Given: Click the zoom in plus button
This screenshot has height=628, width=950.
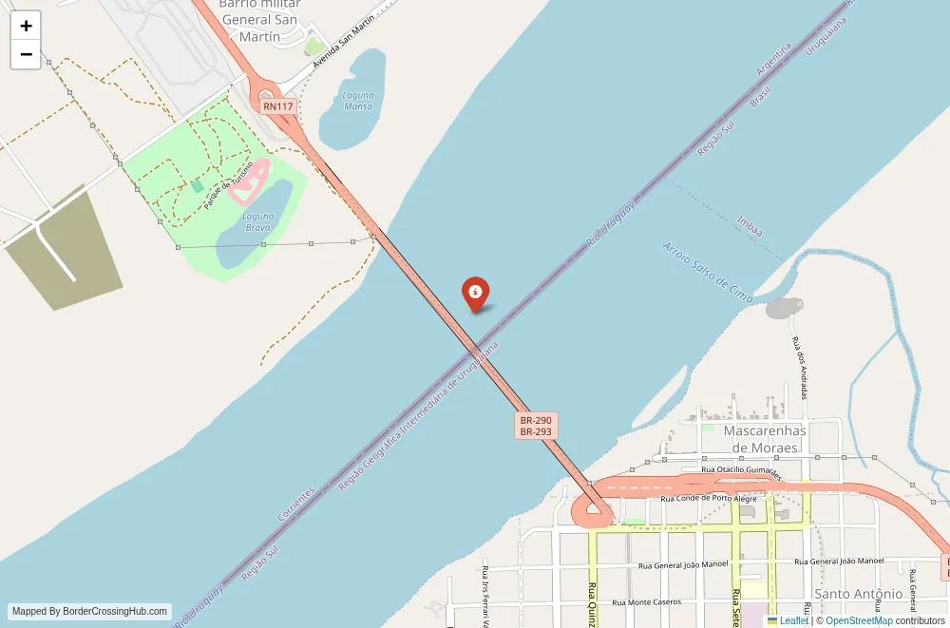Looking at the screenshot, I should tap(26, 26).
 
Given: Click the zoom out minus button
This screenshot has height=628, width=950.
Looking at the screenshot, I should tap(26, 54).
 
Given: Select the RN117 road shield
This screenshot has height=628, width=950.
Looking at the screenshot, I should tap(278, 106).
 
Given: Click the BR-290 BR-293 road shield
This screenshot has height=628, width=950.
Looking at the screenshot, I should tap(536, 426).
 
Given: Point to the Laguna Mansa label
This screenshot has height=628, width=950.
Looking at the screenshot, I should tap(358, 101).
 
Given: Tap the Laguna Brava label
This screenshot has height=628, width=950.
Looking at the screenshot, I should tap(258, 222).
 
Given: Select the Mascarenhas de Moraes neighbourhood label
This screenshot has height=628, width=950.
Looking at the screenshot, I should tap(765, 438).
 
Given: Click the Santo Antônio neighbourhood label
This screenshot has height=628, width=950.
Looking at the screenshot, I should tap(859, 594).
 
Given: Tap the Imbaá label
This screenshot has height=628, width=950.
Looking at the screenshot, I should tap(750, 226).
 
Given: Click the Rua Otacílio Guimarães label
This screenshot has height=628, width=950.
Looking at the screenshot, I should tap(740, 470).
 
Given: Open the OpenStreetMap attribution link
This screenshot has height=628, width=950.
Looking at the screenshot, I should tap(859, 620).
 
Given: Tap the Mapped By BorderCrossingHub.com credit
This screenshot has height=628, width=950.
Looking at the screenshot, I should tap(91, 612).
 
